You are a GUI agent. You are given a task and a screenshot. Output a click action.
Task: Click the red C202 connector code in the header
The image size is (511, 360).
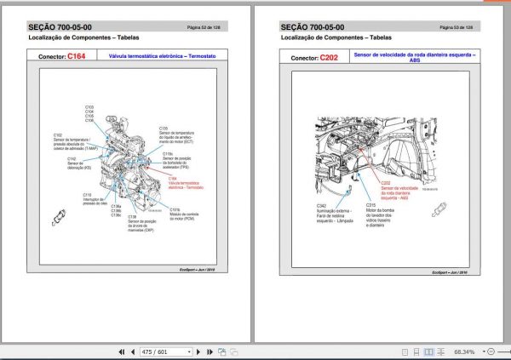[329, 57]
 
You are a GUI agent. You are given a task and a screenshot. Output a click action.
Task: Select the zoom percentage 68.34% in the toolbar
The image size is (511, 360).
[464, 351]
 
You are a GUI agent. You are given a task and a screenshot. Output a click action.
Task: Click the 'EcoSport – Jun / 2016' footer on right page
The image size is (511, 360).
[451, 272]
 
